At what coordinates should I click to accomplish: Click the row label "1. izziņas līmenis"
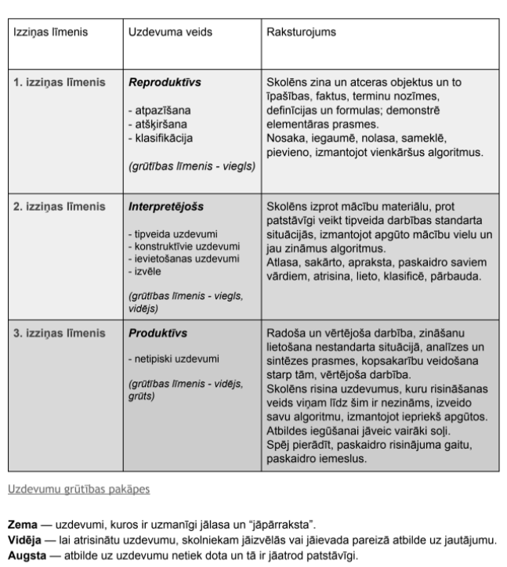pos(59,81)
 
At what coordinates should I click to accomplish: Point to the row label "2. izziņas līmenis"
pos(59,207)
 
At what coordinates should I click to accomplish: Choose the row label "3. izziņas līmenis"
pos(59,333)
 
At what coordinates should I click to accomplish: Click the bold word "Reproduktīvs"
pos(166,81)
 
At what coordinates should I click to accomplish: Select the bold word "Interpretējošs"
pos(165,207)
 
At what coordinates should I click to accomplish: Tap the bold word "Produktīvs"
pos(158,333)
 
